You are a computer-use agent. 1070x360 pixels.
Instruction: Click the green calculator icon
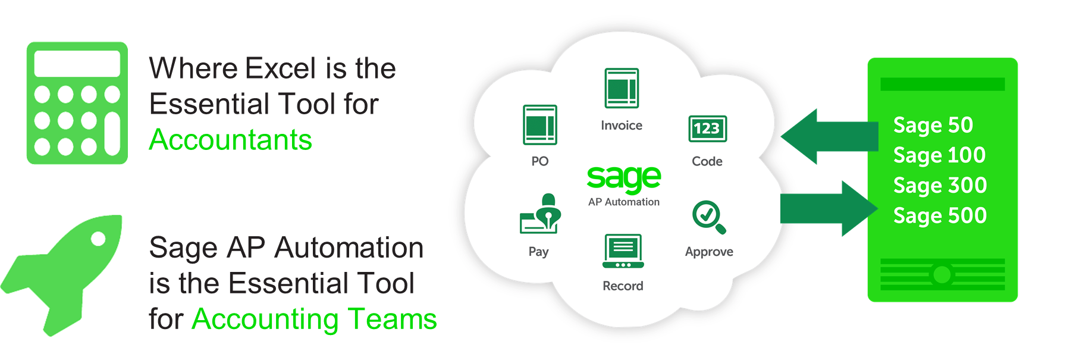point(77,103)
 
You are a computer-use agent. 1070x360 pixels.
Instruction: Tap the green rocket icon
point(61,276)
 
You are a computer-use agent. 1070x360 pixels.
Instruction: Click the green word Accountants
point(230,140)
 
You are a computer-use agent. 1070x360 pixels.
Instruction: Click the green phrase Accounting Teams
point(314,319)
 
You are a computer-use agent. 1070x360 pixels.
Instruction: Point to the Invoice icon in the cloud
point(622,88)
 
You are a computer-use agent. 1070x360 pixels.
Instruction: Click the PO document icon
point(540,125)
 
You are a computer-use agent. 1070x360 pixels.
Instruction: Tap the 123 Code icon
point(707,129)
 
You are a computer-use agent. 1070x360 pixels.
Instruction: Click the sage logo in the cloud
point(624,177)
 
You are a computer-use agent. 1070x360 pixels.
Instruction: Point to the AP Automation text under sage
point(624,202)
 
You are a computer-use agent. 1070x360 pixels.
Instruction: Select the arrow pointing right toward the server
point(829,209)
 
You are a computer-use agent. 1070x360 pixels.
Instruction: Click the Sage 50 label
point(933,126)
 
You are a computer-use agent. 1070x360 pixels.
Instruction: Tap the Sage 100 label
point(939,155)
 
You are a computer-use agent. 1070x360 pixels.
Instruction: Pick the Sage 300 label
point(940,186)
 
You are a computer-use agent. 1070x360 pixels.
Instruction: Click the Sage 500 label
point(940,215)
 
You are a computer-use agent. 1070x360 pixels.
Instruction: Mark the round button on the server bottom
point(942,274)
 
